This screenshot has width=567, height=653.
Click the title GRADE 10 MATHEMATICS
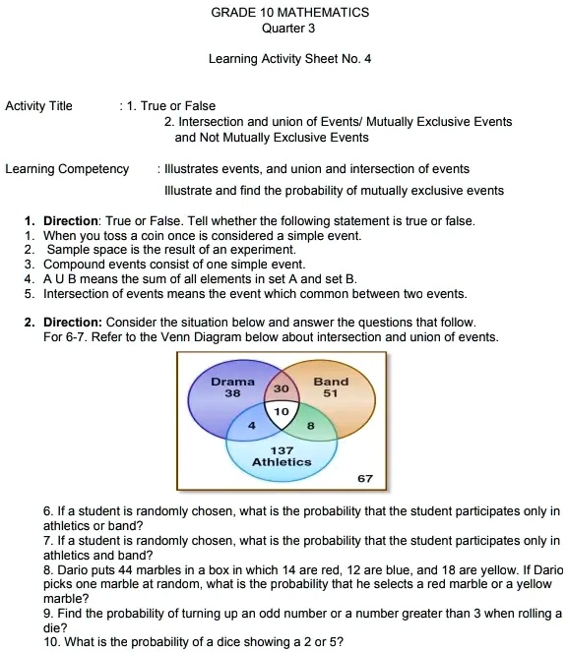[x=289, y=13]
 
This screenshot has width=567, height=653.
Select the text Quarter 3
[x=288, y=29]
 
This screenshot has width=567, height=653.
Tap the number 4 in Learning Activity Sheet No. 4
[x=367, y=59]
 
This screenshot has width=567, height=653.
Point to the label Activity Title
[x=38, y=106]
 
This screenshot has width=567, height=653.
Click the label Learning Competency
[x=67, y=169]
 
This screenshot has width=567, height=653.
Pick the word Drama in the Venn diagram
[x=233, y=381]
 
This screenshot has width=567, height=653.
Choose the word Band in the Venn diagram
[x=331, y=381]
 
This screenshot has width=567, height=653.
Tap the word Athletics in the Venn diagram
[x=282, y=461]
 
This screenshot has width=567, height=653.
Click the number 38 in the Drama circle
[x=233, y=392]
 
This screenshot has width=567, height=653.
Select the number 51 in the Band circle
[x=331, y=392]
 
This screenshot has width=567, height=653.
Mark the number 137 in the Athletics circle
[x=282, y=449]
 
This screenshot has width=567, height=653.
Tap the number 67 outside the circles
[x=365, y=479]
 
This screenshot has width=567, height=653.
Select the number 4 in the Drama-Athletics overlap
[x=253, y=425]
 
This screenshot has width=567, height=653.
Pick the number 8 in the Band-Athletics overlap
[x=310, y=425]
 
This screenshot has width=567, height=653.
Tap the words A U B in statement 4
[x=59, y=279]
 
